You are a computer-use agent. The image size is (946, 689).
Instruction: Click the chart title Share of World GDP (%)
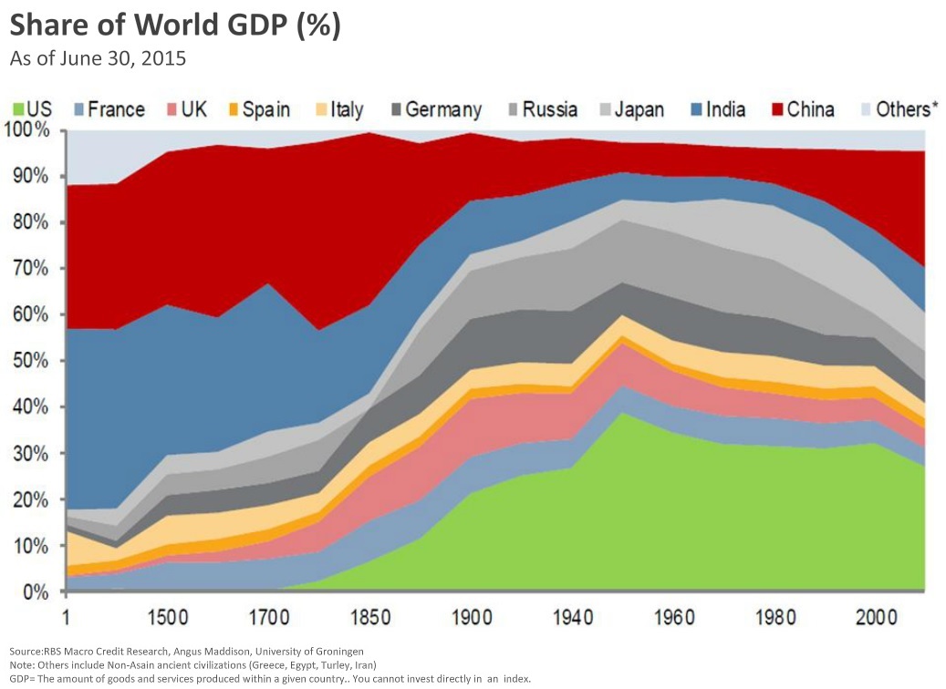tap(175, 26)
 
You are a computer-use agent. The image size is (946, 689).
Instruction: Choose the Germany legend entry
tap(442, 110)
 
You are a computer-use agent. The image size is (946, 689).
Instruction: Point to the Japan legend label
tap(639, 110)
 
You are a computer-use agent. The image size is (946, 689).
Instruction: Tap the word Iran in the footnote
tap(363, 665)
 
